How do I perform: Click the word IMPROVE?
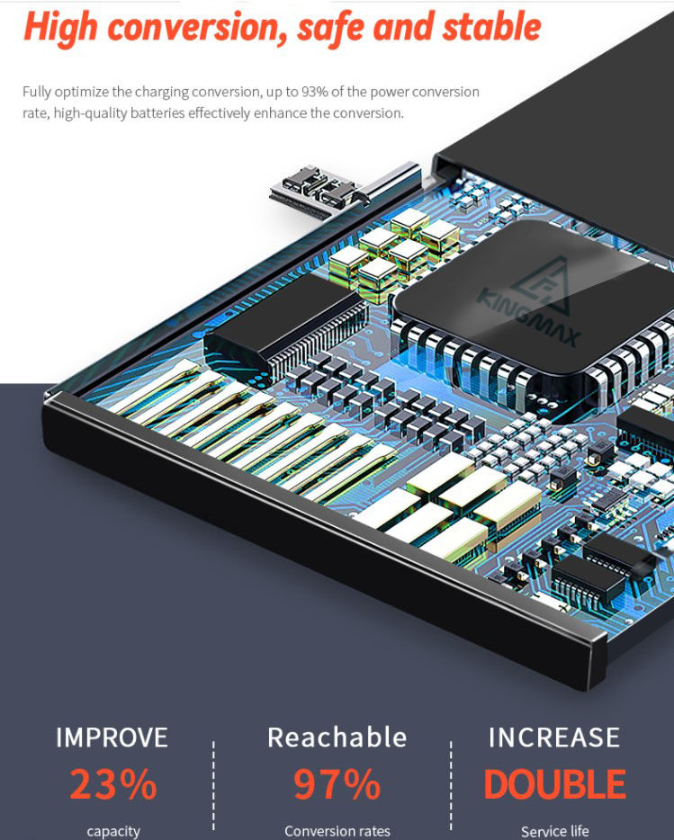point(112,738)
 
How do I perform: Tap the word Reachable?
point(337,738)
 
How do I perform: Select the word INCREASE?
point(554,738)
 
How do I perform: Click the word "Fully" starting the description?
point(39,92)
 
